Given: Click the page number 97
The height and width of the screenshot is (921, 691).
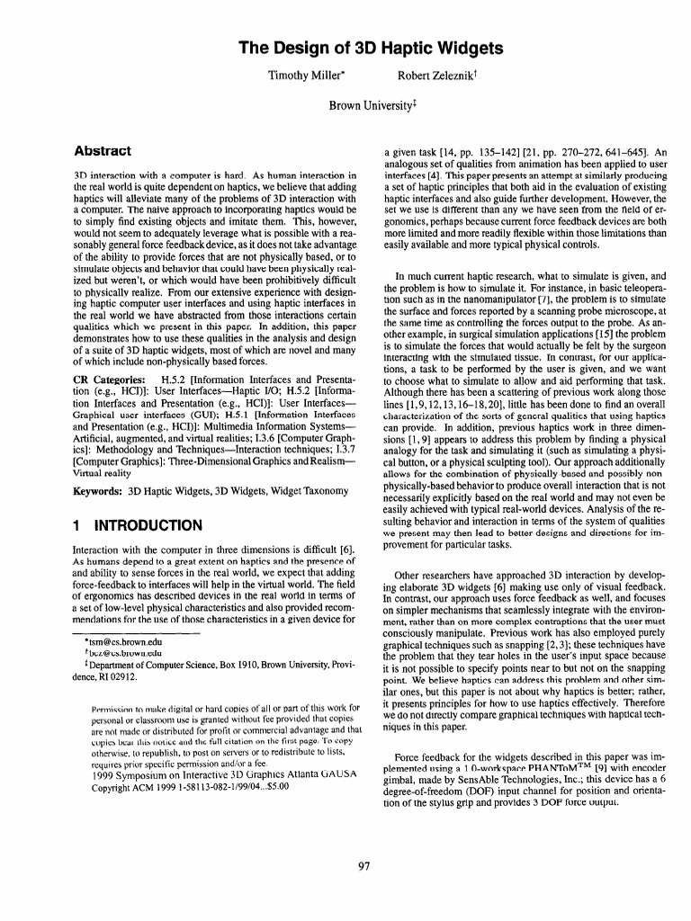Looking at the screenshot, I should (x=364, y=866).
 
